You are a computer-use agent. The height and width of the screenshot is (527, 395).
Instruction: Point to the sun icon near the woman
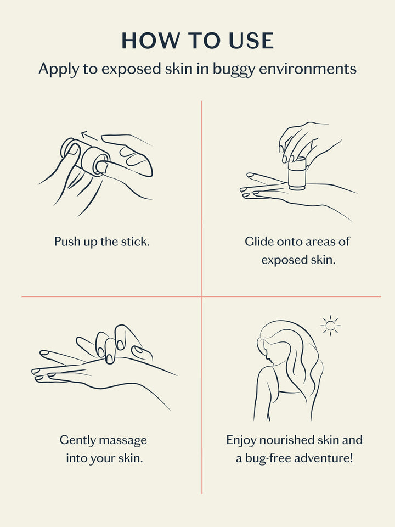[330, 325]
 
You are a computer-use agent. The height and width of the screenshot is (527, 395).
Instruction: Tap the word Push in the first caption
[66, 242]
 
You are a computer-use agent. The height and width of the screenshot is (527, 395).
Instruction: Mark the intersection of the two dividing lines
[202, 296]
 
